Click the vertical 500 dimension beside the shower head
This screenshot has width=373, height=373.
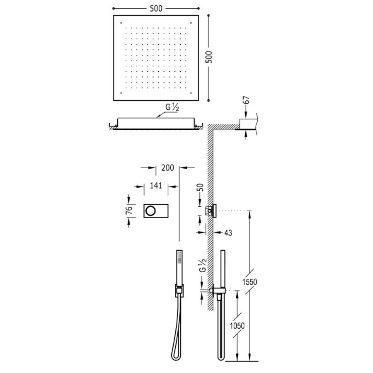[x=210, y=56]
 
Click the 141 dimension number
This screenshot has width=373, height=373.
[x=155, y=186]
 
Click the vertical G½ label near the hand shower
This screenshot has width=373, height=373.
[x=203, y=264]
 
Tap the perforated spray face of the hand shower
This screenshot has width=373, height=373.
[x=179, y=258]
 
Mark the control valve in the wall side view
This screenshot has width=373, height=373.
[x=214, y=211]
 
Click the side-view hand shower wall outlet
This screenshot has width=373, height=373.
[x=216, y=291]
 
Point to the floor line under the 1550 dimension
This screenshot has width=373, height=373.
[x=245, y=360]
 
